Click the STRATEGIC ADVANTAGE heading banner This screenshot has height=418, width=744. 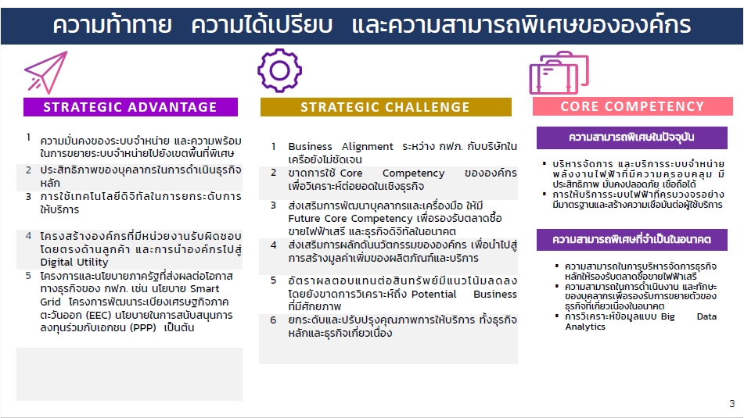[131, 107]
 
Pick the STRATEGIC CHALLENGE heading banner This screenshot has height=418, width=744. [386, 107]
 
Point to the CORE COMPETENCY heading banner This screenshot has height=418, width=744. [632, 106]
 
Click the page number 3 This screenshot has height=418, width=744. [731, 404]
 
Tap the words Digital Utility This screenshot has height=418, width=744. [74, 262]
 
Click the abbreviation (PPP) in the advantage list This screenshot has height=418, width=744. [143, 327]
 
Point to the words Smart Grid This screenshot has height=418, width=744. [128, 295]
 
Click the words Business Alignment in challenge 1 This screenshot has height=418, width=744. [340, 146]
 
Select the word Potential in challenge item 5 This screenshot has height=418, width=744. [433, 294]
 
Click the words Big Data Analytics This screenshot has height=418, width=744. [641, 321]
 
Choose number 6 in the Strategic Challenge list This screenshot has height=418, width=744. [273, 320]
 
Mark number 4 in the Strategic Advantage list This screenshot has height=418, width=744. [28, 235]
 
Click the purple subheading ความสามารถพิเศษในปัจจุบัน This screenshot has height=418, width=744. [632, 138]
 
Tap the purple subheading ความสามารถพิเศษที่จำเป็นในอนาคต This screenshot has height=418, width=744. [632, 239]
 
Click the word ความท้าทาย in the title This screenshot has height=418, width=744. [113, 25]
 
